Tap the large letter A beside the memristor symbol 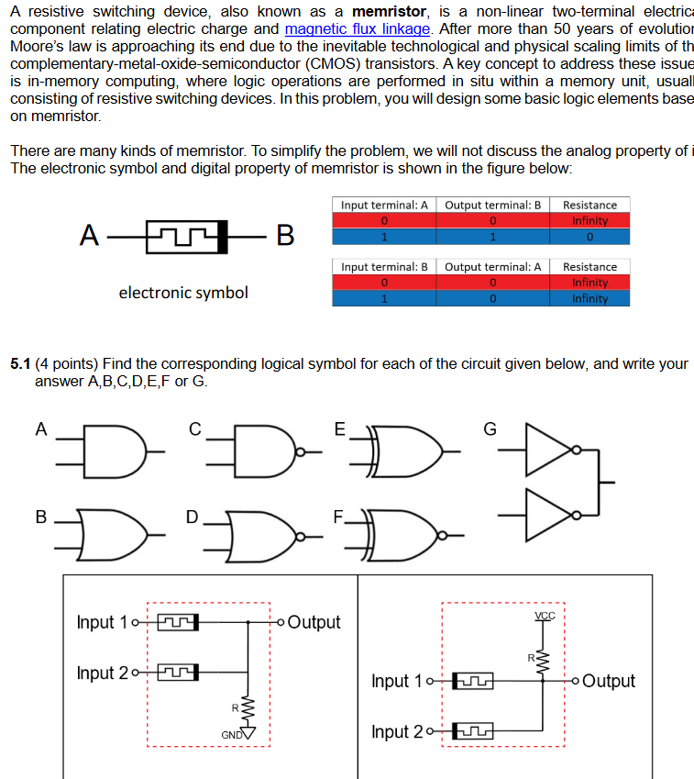(x=89, y=236)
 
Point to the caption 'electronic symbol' (x=183, y=293)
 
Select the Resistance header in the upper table (x=589, y=205)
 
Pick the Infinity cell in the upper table (x=589, y=221)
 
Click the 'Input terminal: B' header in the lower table (x=384, y=267)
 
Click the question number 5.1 (x=20, y=364)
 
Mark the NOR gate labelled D (x=266, y=533)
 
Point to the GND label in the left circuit (x=231, y=734)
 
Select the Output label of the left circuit (x=314, y=622)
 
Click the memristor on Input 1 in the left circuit (x=179, y=622)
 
